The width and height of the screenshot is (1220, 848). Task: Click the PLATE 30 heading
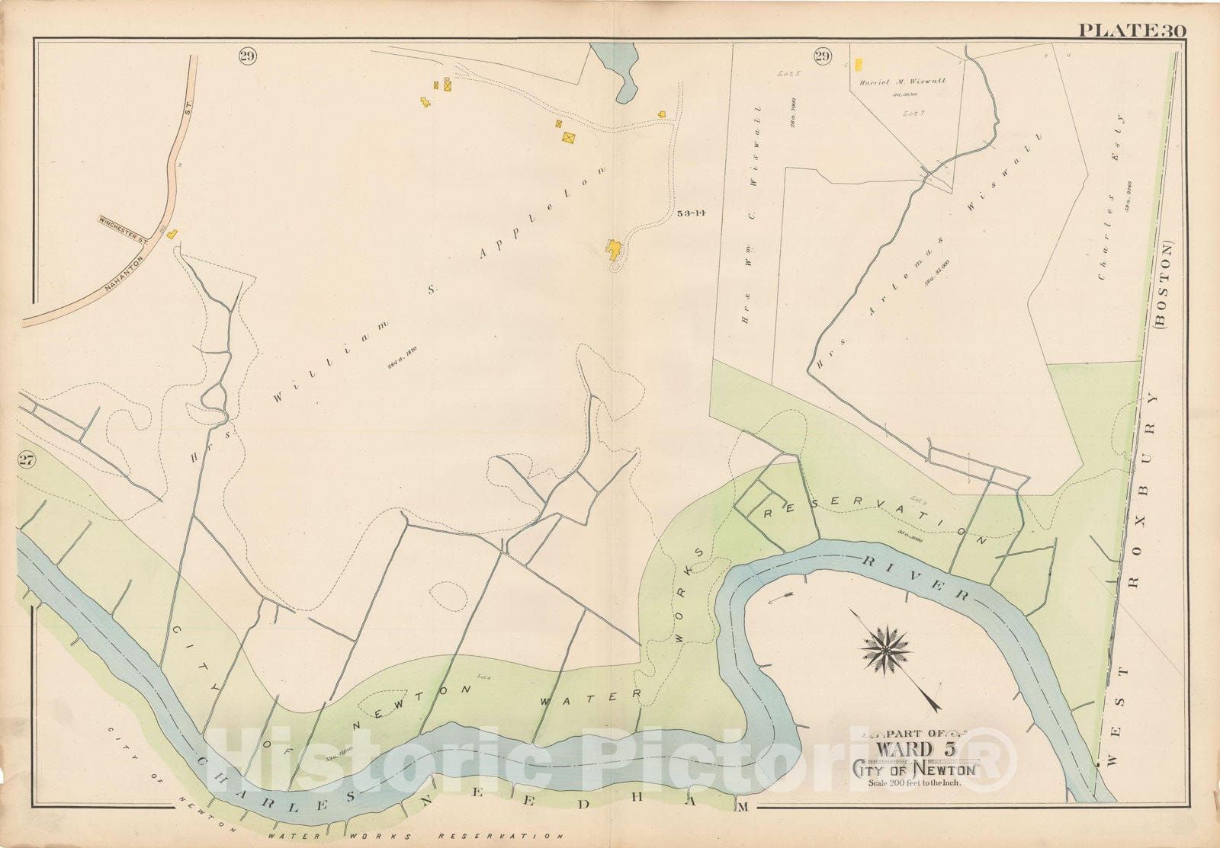[x=1131, y=30]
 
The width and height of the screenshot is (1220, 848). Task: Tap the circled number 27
[x=27, y=459]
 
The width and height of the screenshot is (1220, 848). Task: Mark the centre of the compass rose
[x=887, y=649]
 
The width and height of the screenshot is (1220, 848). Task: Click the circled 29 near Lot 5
[x=822, y=56]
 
